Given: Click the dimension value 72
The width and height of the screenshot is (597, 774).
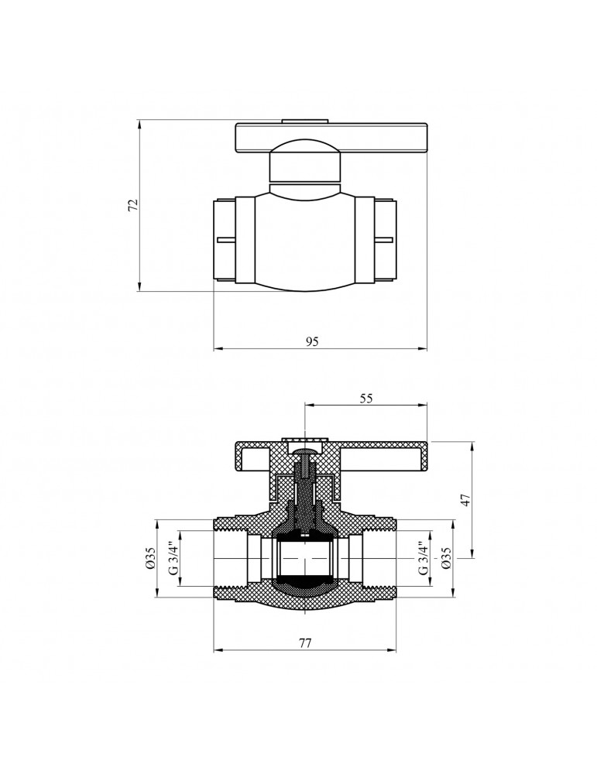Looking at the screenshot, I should pyautogui.click(x=132, y=205).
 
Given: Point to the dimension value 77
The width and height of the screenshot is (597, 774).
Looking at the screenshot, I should pyautogui.click(x=305, y=642).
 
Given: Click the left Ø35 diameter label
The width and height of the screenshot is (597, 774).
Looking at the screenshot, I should pyautogui.click(x=151, y=559).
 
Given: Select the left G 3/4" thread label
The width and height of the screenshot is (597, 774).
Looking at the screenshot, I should pyautogui.click(x=173, y=559).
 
